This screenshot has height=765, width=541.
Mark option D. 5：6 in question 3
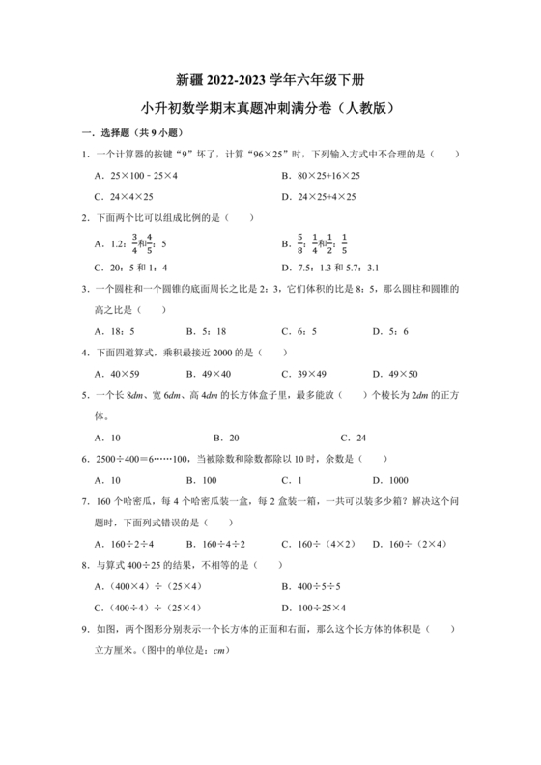tap(389, 330)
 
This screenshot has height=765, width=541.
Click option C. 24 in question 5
tap(348, 437)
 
